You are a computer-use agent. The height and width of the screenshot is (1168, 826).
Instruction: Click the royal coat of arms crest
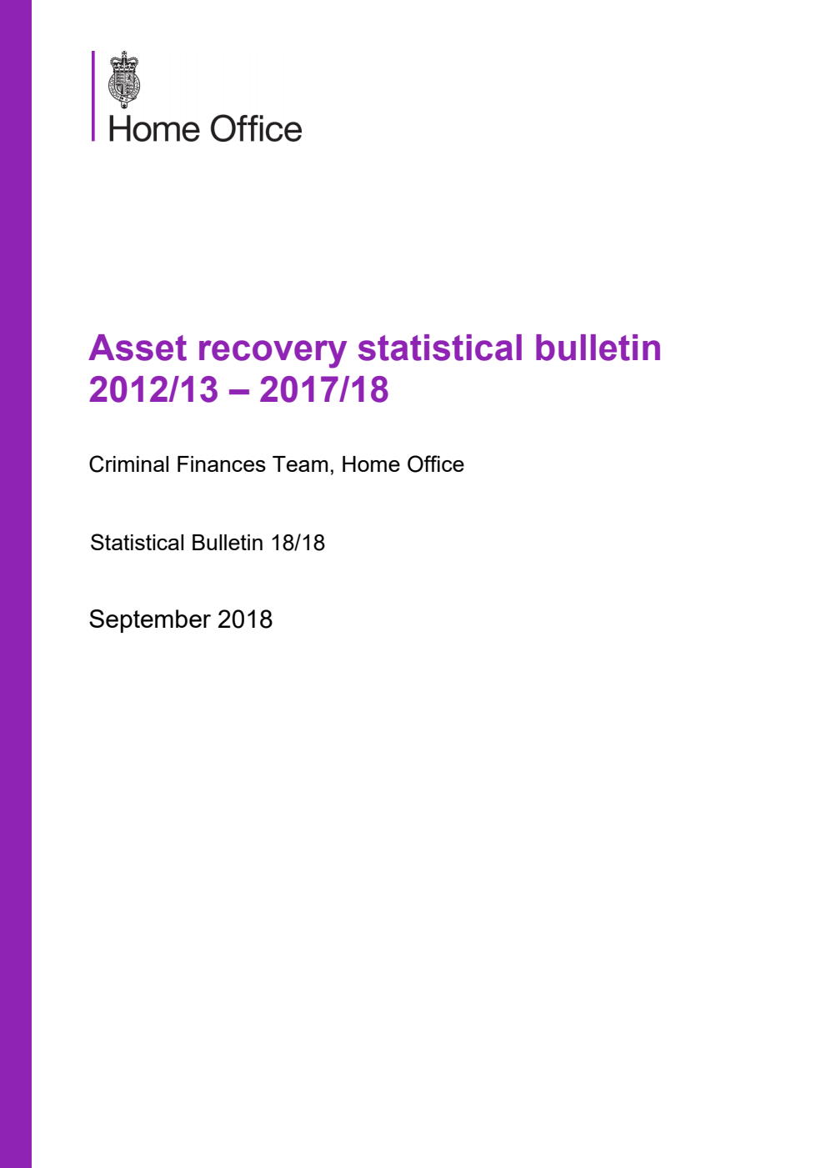[124, 79]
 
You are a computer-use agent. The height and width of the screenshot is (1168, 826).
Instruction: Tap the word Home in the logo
[153, 129]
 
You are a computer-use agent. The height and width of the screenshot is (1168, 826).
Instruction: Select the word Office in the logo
[255, 129]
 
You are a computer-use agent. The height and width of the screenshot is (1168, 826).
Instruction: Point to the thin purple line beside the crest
[93, 95]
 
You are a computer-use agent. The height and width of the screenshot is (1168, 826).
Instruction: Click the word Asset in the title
[136, 348]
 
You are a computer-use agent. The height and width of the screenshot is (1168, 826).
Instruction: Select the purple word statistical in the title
[440, 348]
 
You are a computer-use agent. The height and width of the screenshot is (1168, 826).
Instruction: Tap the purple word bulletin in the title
[598, 348]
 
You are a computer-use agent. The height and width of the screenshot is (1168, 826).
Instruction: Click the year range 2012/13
[153, 389]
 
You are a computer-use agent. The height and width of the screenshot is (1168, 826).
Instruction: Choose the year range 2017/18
[324, 389]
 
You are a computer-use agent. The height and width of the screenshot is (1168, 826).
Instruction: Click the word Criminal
[129, 464]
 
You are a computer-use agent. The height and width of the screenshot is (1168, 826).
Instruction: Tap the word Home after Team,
[370, 464]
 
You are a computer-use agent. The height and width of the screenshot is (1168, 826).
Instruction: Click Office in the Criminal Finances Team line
[435, 464]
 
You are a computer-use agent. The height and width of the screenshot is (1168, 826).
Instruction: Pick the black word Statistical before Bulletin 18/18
[138, 543]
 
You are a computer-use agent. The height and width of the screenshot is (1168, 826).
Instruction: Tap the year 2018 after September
[245, 619]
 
